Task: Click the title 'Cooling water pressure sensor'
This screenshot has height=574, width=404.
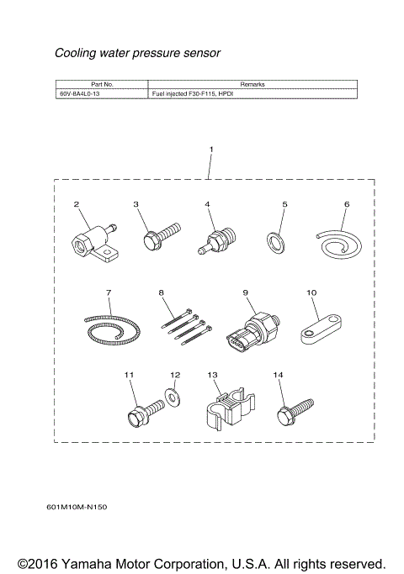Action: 137,53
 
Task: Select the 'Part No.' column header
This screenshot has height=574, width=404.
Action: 101,85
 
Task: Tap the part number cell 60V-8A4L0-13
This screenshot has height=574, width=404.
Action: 77,95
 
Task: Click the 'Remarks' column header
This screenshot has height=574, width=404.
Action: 252,85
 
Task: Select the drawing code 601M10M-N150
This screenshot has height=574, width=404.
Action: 77,507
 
